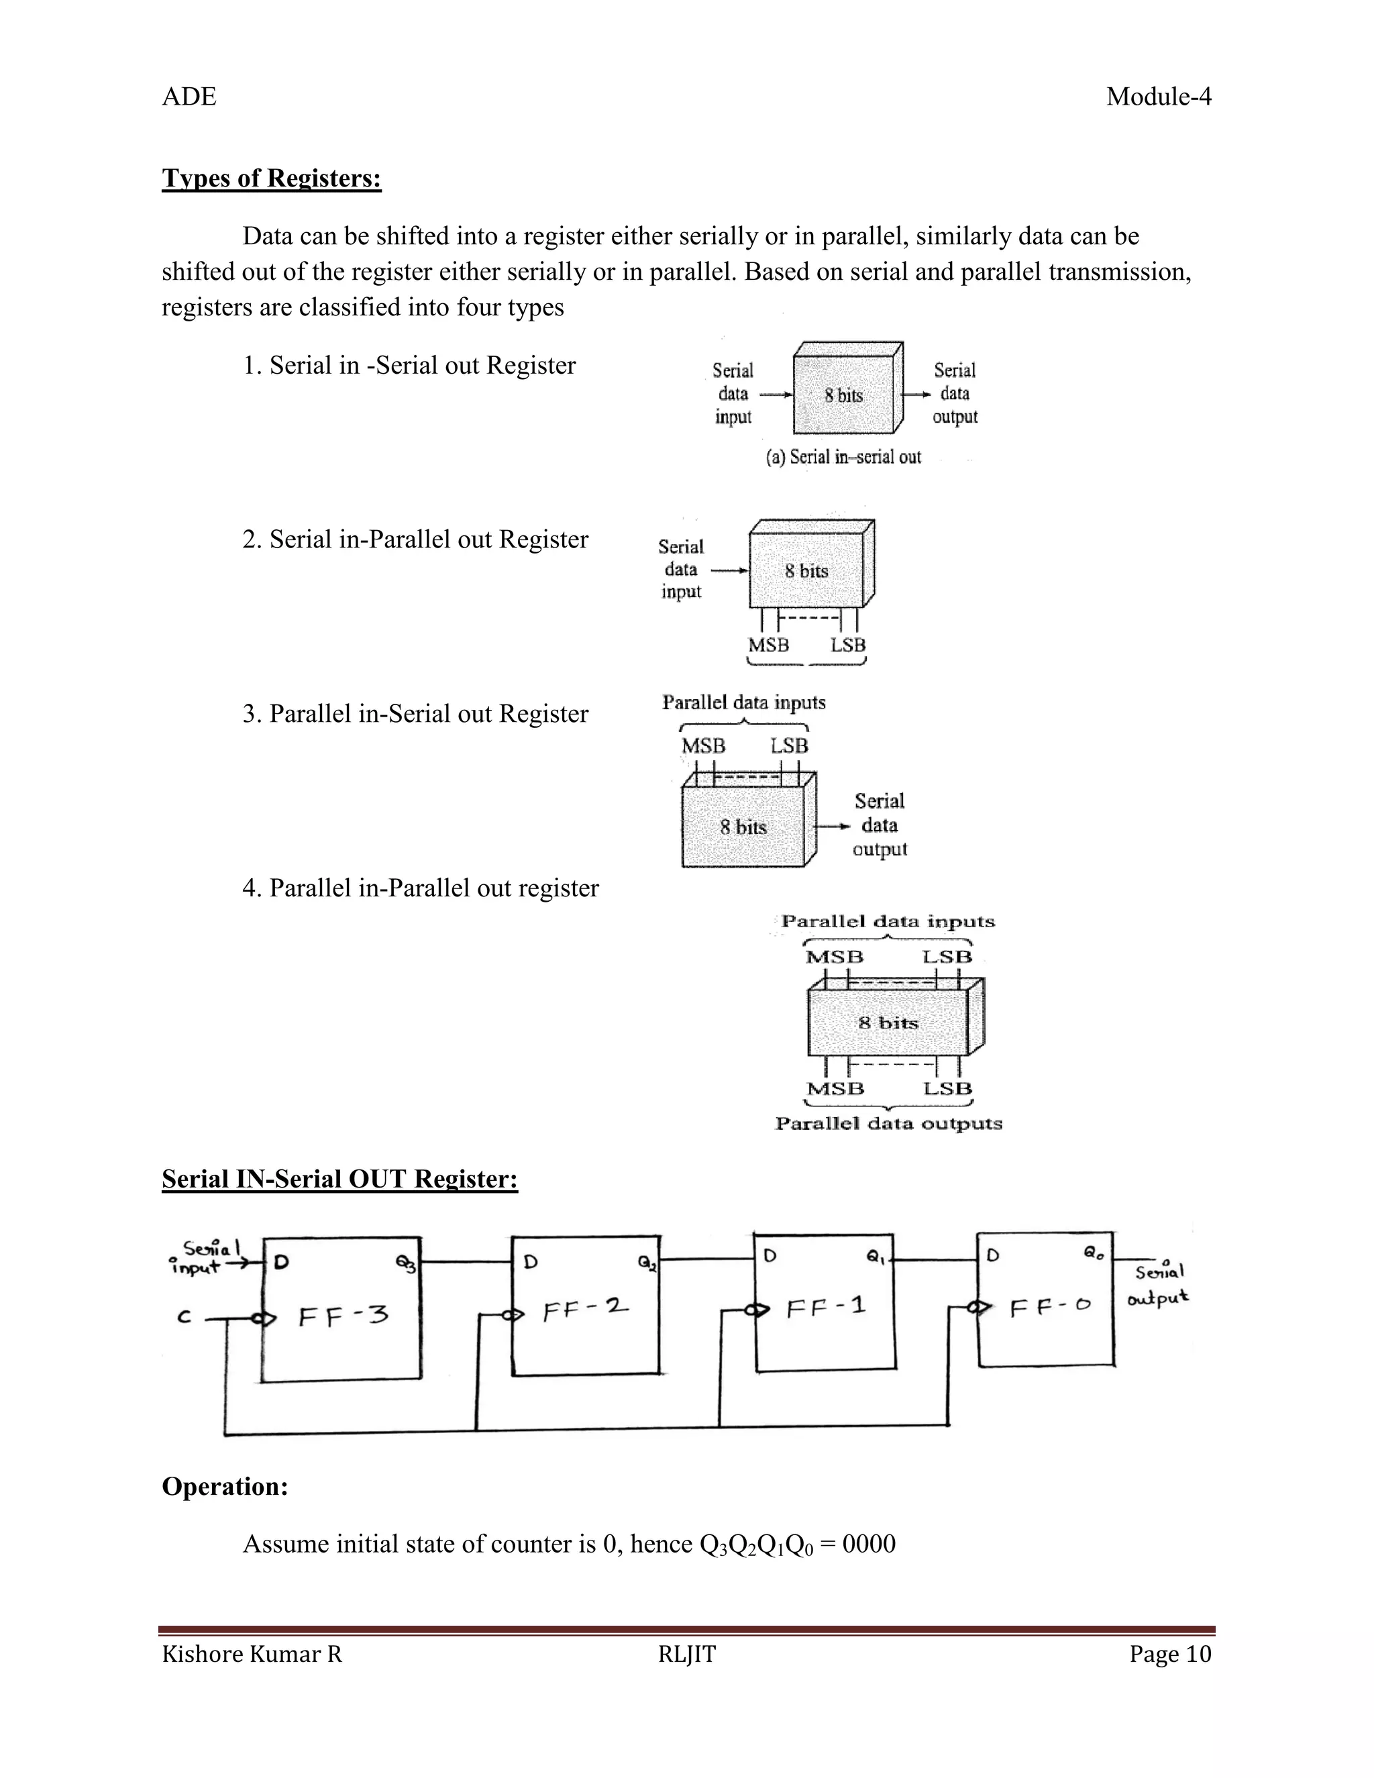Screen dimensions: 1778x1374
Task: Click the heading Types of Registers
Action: [x=271, y=178]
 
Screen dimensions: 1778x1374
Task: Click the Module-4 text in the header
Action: [x=1157, y=97]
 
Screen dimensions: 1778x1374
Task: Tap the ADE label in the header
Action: [x=189, y=97]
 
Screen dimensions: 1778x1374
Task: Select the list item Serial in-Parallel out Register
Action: [x=415, y=539]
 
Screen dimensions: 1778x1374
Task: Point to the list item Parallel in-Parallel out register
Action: [x=420, y=888]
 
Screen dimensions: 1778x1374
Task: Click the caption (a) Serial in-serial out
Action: [x=843, y=457]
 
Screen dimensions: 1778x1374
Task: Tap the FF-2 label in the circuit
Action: [x=585, y=1310]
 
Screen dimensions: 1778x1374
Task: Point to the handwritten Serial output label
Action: [x=1158, y=1286]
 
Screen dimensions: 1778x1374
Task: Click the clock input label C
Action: [x=184, y=1317]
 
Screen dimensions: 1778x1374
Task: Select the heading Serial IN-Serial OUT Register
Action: [x=339, y=1180]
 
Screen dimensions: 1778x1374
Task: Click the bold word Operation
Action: [x=225, y=1487]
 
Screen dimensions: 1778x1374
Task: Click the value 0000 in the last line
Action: [x=869, y=1545]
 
